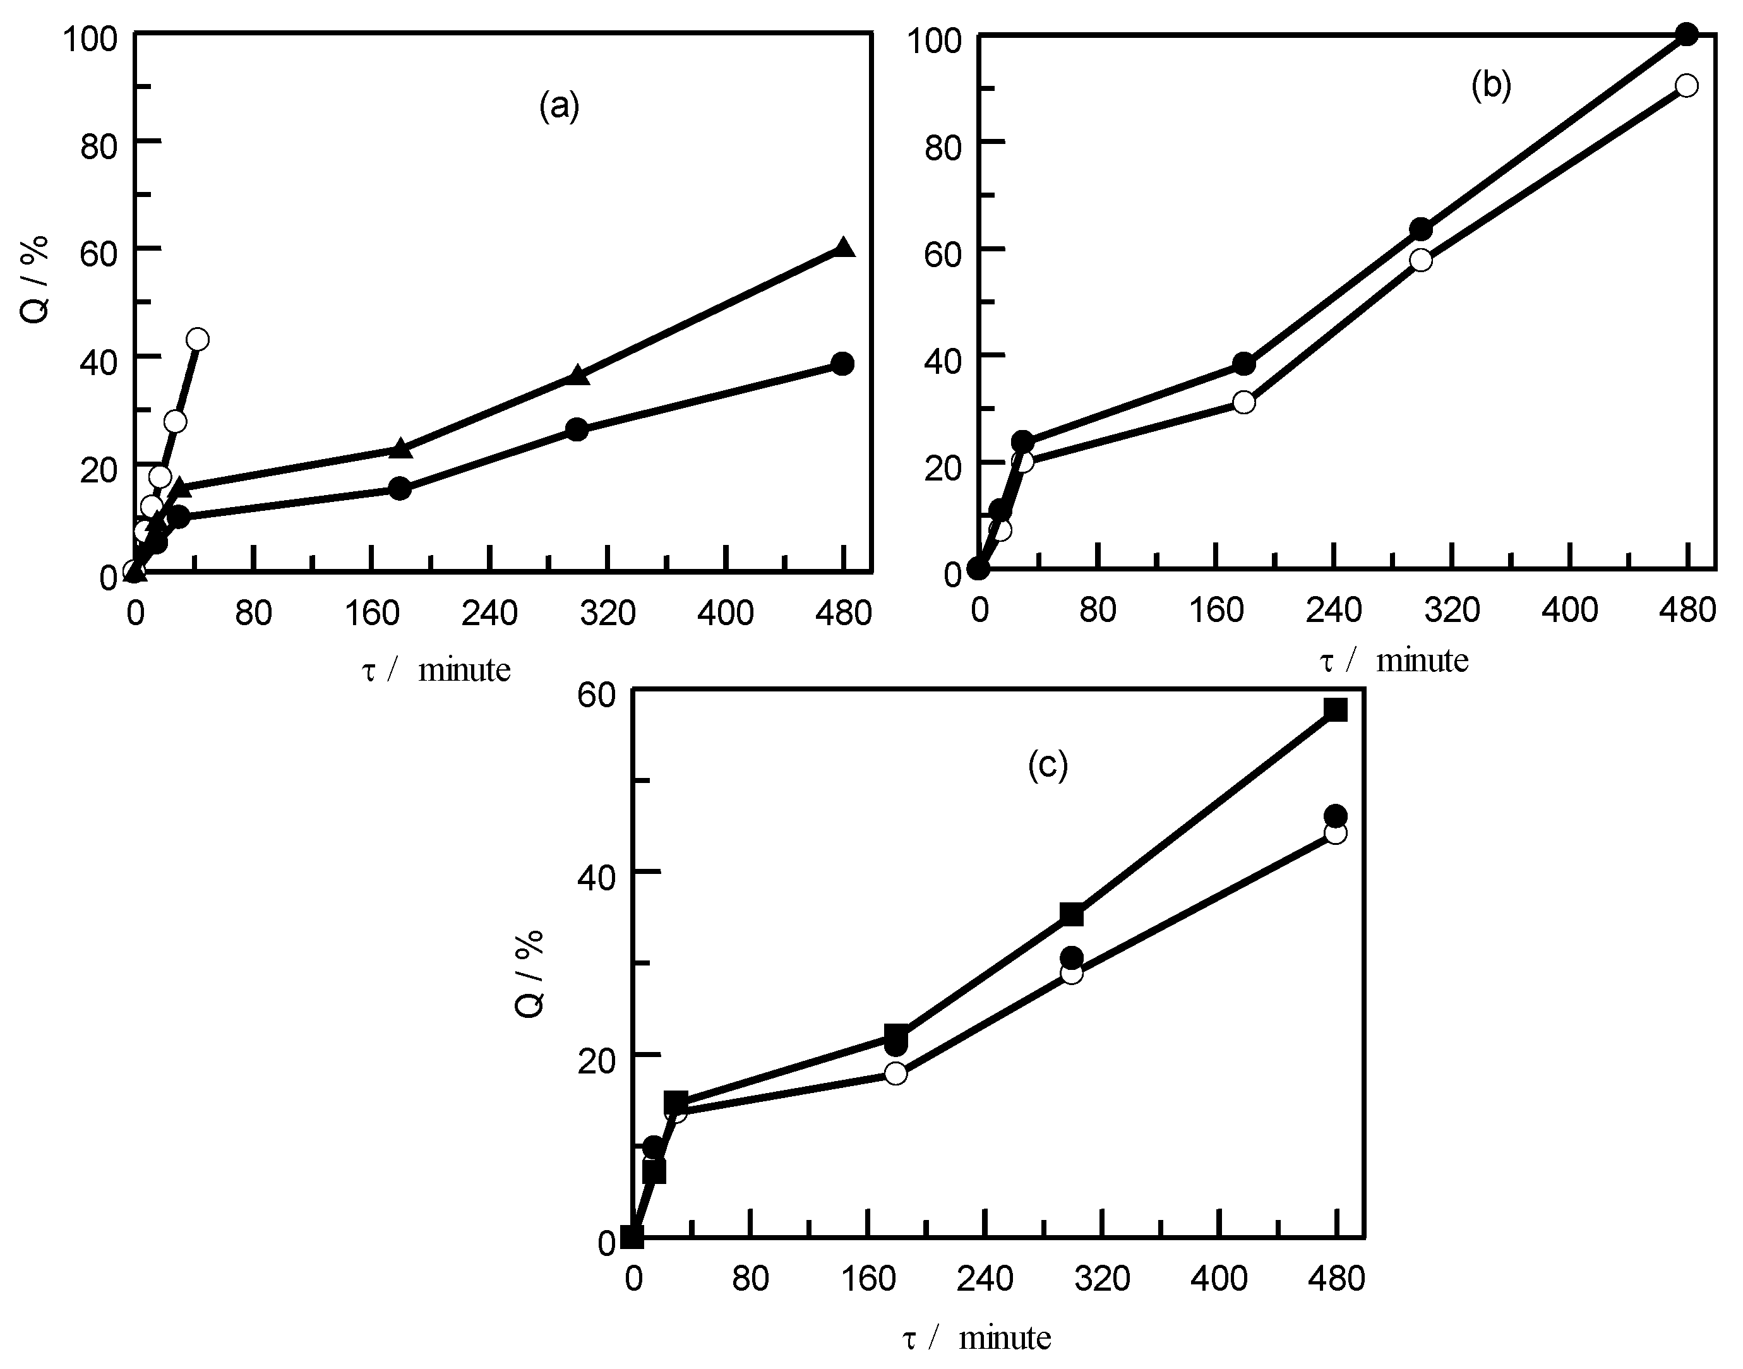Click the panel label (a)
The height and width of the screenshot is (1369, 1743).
coord(558,106)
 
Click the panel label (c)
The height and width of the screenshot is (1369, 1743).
coord(1048,765)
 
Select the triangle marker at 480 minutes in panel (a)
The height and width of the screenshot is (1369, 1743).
coord(844,248)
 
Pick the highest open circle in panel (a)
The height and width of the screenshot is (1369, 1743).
coord(198,339)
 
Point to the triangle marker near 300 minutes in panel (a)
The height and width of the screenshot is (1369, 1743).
coord(578,376)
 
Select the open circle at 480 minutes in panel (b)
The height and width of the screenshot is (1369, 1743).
coord(1687,86)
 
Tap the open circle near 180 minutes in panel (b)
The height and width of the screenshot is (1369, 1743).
coord(1243,402)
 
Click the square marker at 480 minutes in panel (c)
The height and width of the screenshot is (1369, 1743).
coord(1336,710)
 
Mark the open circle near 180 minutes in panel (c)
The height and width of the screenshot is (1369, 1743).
coord(896,1073)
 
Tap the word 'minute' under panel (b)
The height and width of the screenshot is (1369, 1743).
coord(1422,661)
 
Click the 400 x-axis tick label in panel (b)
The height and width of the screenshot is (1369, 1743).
coord(1569,611)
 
